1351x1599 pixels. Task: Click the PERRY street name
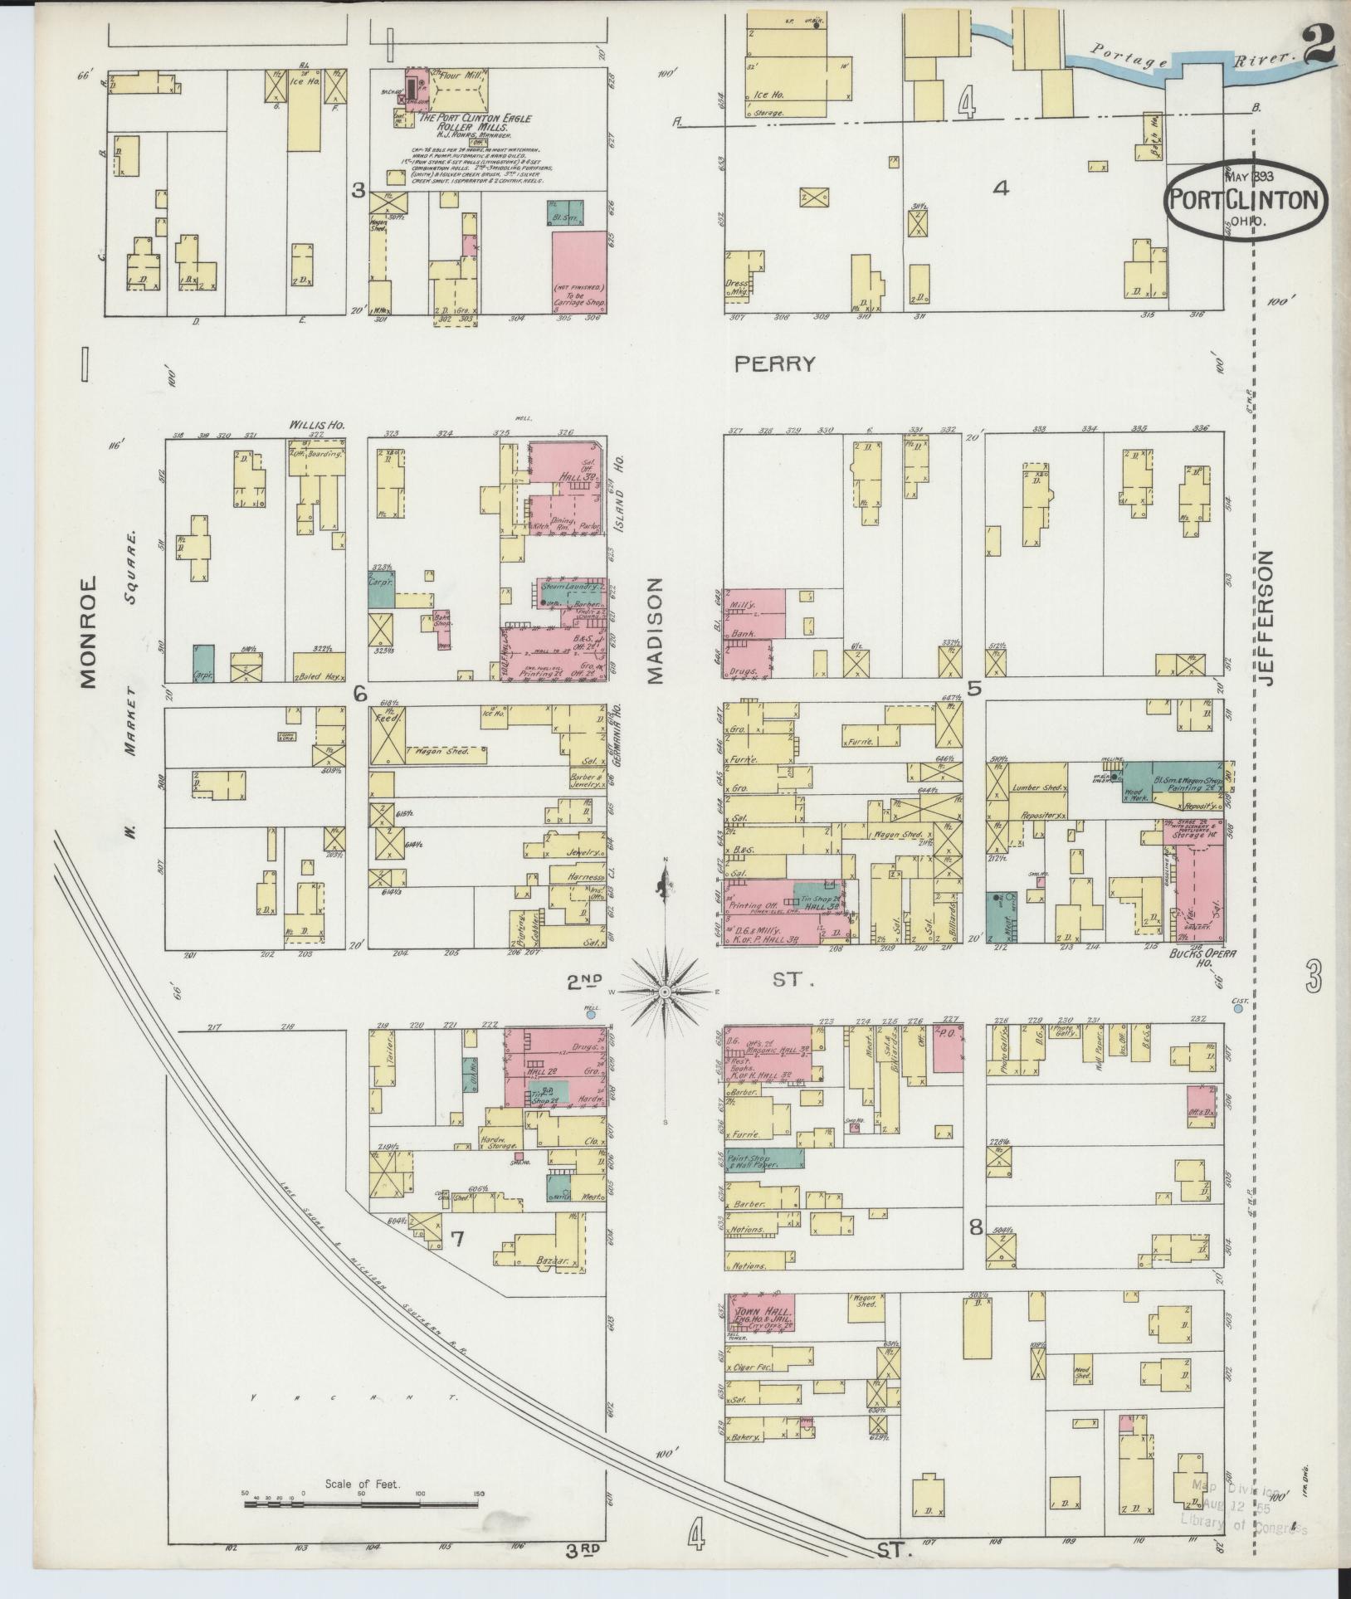(775, 363)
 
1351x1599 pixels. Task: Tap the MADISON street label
(656, 631)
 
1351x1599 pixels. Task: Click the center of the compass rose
(665, 992)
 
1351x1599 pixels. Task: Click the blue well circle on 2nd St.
(590, 1014)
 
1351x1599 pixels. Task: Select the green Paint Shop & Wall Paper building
(764, 1158)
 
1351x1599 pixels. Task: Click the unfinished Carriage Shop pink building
(578, 272)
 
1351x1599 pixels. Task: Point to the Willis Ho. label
(316, 425)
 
